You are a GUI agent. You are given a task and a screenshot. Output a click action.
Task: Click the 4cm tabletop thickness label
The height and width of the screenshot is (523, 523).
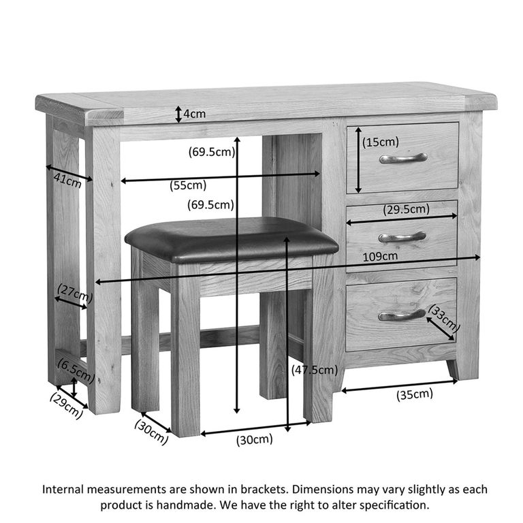(195, 114)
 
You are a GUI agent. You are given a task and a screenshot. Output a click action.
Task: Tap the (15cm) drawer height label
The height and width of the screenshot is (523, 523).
(381, 142)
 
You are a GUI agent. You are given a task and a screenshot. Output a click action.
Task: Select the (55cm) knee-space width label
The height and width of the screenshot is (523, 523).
(188, 185)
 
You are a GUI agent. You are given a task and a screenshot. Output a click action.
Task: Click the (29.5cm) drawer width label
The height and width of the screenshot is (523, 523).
(407, 210)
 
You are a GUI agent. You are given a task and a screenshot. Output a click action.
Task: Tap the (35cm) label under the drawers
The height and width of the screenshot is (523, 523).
(415, 394)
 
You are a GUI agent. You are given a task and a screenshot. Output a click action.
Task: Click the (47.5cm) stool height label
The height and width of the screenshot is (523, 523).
(315, 370)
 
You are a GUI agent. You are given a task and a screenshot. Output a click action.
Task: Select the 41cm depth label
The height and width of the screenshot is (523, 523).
(67, 180)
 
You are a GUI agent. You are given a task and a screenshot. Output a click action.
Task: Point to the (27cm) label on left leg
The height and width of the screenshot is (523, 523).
(75, 293)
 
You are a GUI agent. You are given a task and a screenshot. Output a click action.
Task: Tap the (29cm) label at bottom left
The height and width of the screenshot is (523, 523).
(66, 405)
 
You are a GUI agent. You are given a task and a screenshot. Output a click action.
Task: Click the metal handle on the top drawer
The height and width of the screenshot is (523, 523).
(403, 158)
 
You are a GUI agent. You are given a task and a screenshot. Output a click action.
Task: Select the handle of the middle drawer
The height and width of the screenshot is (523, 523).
(402, 237)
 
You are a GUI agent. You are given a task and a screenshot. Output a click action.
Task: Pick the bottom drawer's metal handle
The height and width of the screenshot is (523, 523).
(402, 315)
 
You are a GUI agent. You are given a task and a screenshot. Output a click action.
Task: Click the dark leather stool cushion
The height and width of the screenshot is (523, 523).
(232, 240)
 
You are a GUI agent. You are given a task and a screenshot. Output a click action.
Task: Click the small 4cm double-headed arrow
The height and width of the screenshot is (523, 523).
(179, 114)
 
